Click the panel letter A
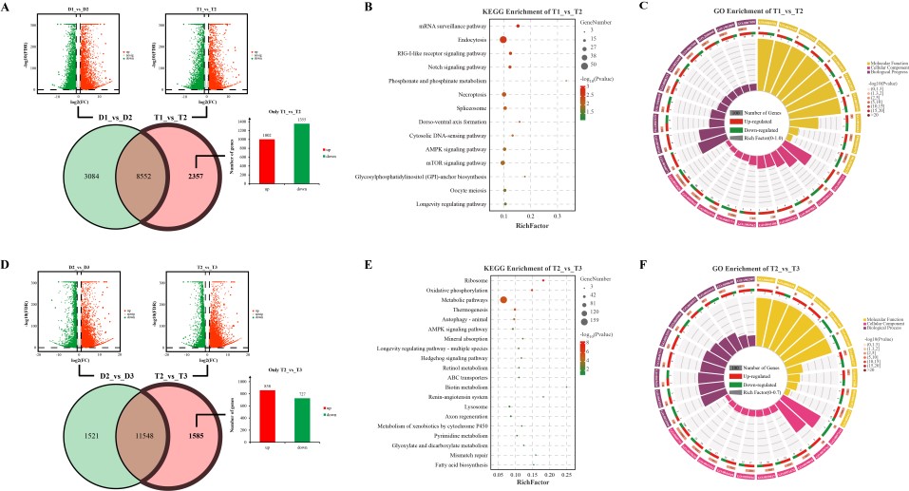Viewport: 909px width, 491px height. [7, 8]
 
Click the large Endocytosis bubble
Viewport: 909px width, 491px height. [502, 40]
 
